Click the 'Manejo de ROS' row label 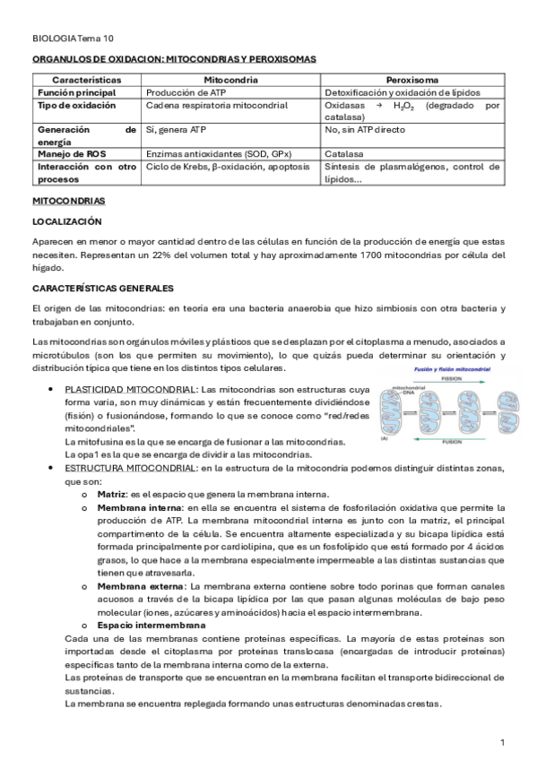(x=71, y=154)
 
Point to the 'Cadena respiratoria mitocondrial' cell (x=217, y=106)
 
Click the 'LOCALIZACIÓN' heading (x=67, y=221)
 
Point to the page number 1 (x=503, y=743)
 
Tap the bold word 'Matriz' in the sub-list (x=112, y=495)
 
